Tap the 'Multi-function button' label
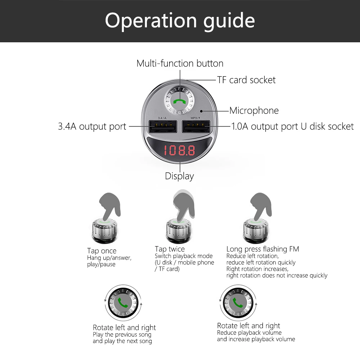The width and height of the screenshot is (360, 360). click(x=180, y=63)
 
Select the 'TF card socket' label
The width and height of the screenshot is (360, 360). click(x=246, y=80)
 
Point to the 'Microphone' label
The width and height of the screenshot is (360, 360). click(x=254, y=111)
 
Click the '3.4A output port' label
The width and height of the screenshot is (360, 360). click(x=92, y=126)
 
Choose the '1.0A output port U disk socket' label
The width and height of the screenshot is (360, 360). click(x=292, y=126)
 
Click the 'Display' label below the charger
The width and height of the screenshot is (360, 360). click(x=179, y=176)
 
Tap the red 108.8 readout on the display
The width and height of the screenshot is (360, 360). click(x=179, y=150)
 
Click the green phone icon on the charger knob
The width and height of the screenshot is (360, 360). click(x=179, y=101)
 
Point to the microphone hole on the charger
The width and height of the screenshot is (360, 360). click(x=201, y=111)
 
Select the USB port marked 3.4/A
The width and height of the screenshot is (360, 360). click(x=163, y=126)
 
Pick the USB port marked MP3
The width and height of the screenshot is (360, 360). click(x=196, y=126)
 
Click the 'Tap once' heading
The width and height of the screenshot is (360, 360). click(x=102, y=251)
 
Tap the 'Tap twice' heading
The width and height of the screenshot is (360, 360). click(x=170, y=249)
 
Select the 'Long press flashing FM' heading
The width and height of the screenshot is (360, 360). click(x=263, y=249)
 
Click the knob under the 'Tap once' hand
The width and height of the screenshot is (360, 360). click(x=104, y=230)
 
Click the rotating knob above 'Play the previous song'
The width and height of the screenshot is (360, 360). click(x=123, y=303)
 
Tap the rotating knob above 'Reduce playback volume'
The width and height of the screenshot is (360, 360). click(x=238, y=303)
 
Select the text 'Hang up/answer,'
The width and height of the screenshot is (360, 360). click(x=109, y=258)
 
